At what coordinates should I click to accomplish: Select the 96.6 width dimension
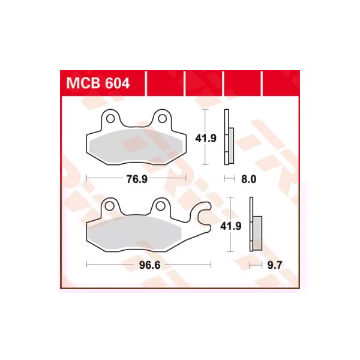pos(149,264)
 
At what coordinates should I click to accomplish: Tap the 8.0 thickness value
pos(248,179)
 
